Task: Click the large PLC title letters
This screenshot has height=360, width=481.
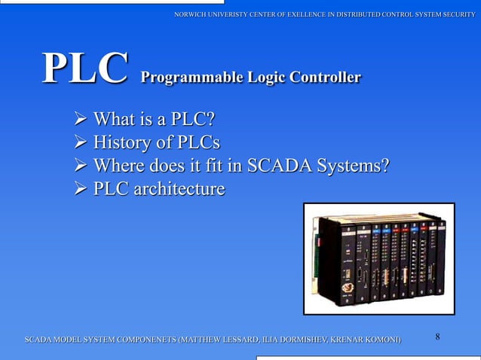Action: click(84, 69)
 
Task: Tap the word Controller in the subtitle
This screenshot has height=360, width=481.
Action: click(320, 77)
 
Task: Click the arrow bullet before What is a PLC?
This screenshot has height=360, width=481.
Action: click(79, 120)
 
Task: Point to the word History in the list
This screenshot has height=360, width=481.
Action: click(120, 142)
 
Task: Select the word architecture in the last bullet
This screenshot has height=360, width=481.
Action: click(179, 188)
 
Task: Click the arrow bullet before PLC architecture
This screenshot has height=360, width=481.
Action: click(79, 189)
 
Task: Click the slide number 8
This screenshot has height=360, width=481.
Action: click(438, 337)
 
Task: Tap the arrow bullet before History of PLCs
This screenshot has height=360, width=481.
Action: click(79, 143)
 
